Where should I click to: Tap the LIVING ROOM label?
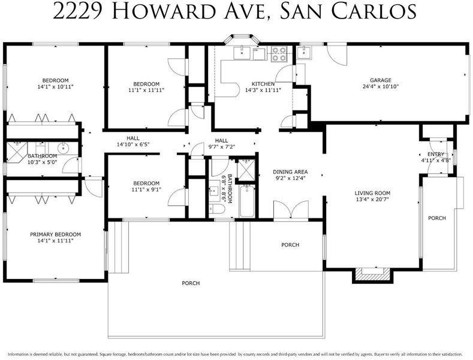(372, 193)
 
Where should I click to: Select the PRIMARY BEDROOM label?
(55, 235)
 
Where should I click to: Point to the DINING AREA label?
(290, 172)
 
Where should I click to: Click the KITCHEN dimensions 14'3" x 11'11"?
(263, 90)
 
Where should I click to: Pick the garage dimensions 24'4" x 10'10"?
(381, 86)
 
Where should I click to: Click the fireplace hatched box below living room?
(373, 275)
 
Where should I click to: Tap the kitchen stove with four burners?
(279, 54)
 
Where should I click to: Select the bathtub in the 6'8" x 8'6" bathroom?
(247, 201)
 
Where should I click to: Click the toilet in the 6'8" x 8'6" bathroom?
(217, 209)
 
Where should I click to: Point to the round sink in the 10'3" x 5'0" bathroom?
(63, 148)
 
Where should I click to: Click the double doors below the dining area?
(291, 209)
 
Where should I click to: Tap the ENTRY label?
(436, 154)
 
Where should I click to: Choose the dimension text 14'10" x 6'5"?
(133, 145)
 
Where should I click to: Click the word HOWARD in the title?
(163, 11)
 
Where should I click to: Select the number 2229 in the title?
(79, 11)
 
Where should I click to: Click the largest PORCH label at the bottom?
(191, 283)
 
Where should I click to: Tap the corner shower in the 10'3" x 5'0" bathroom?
(16, 152)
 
